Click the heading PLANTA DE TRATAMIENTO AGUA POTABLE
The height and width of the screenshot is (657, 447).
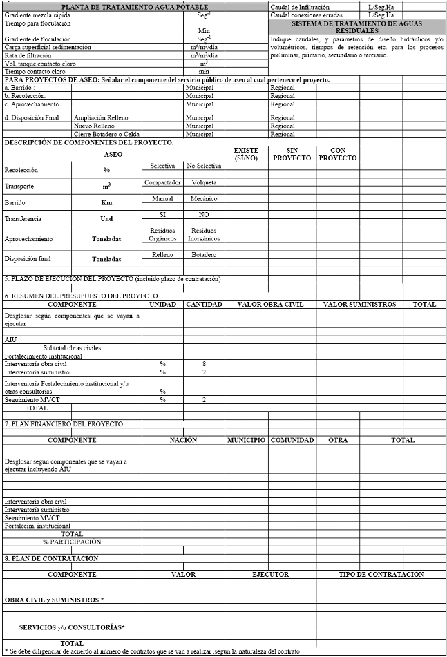[x=135, y=6]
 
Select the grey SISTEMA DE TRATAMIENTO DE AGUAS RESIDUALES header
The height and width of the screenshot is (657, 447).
[x=356, y=27]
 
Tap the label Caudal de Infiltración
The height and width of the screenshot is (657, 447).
[x=300, y=6]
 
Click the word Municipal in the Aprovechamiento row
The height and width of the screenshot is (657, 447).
[x=200, y=104]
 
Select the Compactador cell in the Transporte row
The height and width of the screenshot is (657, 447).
[x=162, y=182]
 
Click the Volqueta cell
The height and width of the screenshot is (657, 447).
[x=204, y=182]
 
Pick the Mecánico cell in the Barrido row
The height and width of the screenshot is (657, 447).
[x=204, y=198]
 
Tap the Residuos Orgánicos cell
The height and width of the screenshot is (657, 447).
[x=162, y=234]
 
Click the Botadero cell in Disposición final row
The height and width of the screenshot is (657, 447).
[x=204, y=254]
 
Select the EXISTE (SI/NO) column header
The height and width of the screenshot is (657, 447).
[x=246, y=153]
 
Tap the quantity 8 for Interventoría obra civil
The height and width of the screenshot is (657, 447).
[x=205, y=363]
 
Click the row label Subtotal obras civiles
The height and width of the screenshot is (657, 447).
[x=72, y=347]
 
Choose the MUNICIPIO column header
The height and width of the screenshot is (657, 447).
[x=246, y=440]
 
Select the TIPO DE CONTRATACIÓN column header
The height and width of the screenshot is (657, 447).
[x=381, y=574]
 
